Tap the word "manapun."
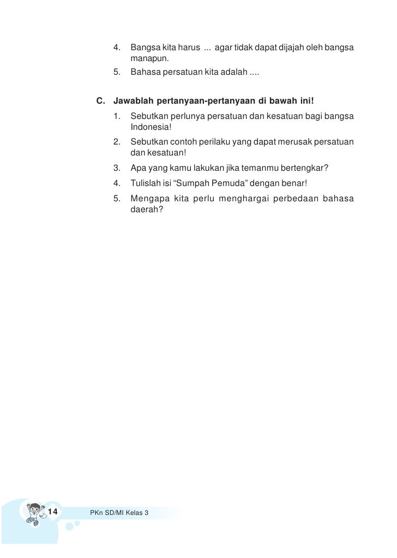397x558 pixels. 147,59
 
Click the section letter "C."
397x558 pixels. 100,101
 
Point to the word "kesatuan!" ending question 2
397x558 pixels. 166,153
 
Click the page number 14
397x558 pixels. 53,512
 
